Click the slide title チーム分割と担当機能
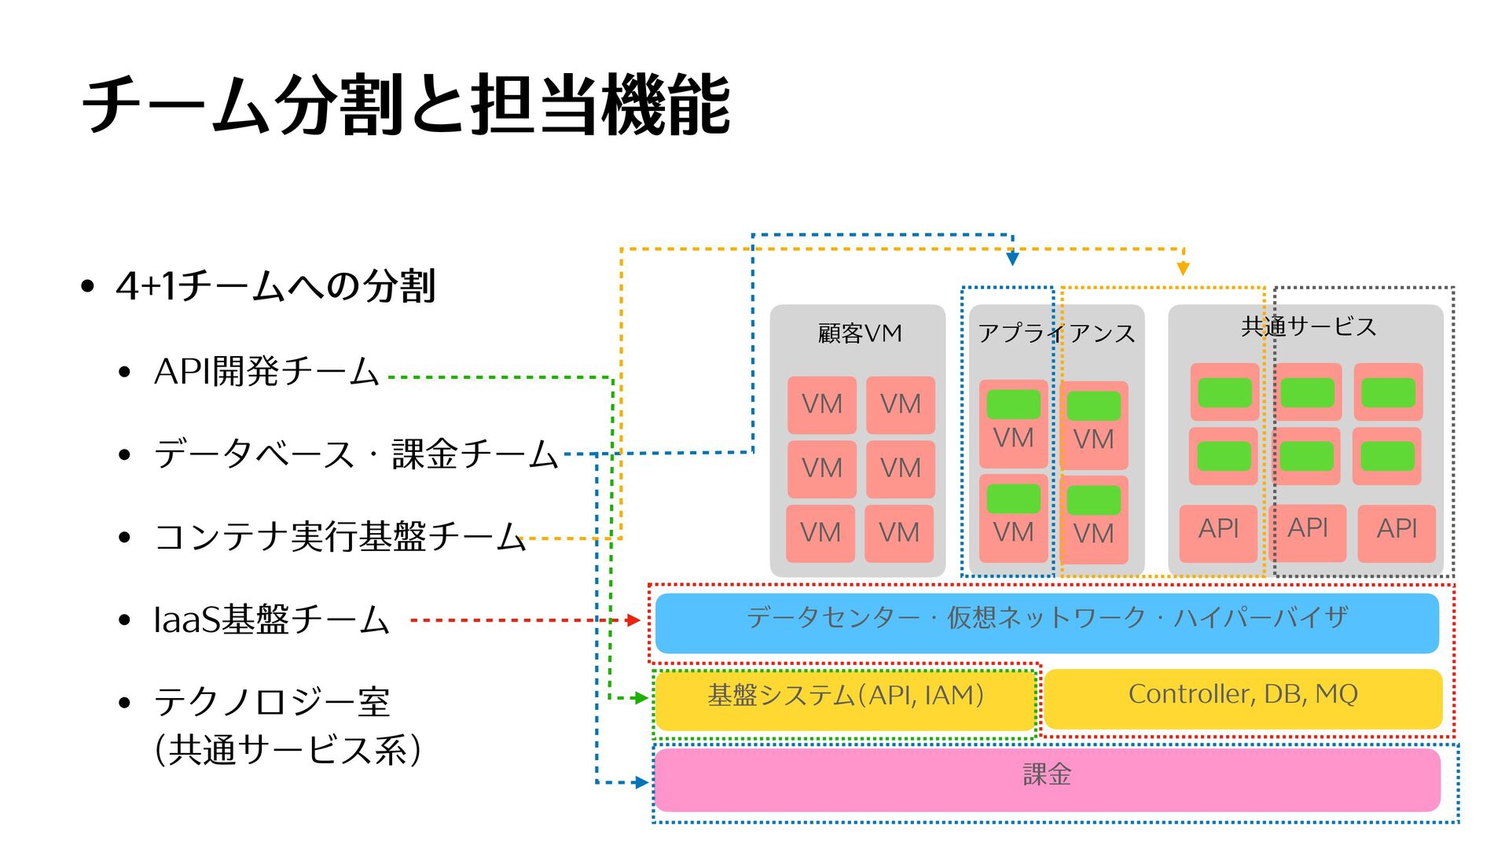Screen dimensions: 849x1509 tap(406, 105)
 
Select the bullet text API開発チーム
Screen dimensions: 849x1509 tap(266, 372)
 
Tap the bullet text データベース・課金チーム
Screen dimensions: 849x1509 tap(355, 454)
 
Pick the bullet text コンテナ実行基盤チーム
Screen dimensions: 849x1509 tap(340, 537)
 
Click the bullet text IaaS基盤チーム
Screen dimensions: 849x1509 tap(271, 620)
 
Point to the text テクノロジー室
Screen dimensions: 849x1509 tap(271, 702)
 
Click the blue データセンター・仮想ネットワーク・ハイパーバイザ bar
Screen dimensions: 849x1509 tap(1046, 623)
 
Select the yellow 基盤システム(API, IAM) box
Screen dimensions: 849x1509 tap(845, 699)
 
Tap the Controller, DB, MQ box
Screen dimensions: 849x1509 tap(1243, 698)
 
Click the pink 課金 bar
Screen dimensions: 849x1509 tap(1046, 779)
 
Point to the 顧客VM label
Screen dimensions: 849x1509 tap(859, 333)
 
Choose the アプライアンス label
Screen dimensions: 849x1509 tap(1056, 333)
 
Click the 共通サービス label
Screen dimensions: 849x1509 tap(1309, 326)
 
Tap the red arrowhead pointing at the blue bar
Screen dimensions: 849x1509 tap(633, 620)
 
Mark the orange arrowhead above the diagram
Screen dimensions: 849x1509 tap(1183, 269)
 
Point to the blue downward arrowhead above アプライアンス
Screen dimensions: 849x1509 tap(1012, 259)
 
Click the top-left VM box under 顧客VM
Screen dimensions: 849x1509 tap(822, 405)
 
